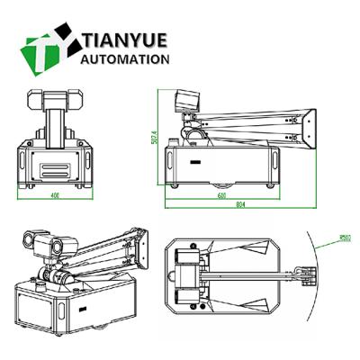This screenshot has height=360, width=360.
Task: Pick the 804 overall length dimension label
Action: pyautogui.click(x=240, y=205)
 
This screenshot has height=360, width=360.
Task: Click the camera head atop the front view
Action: pyautogui.click(x=55, y=98)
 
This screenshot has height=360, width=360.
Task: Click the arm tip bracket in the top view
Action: pyautogui.click(x=308, y=274)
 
